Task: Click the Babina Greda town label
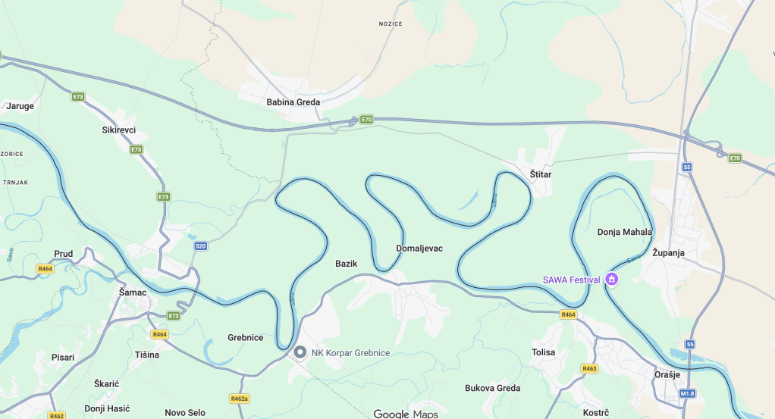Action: (x=293, y=102)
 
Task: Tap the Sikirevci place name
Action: (x=118, y=130)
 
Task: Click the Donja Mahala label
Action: (x=624, y=233)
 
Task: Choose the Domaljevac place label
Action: (x=419, y=249)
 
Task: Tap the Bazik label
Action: (x=346, y=264)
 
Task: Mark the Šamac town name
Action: (x=133, y=292)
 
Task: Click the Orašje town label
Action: (x=667, y=375)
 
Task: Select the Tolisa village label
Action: (x=543, y=352)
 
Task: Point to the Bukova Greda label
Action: (x=492, y=389)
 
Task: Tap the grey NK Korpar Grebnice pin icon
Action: (x=300, y=352)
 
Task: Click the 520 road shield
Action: (x=200, y=246)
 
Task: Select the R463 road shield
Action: (x=589, y=369)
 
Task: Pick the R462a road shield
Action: (x=239, y=399)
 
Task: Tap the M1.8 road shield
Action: (x=687, y=393)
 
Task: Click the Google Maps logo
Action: (x=406, y=414)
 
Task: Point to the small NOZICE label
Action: (x=391, y=24)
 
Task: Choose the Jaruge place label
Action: (x=20, y=106)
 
